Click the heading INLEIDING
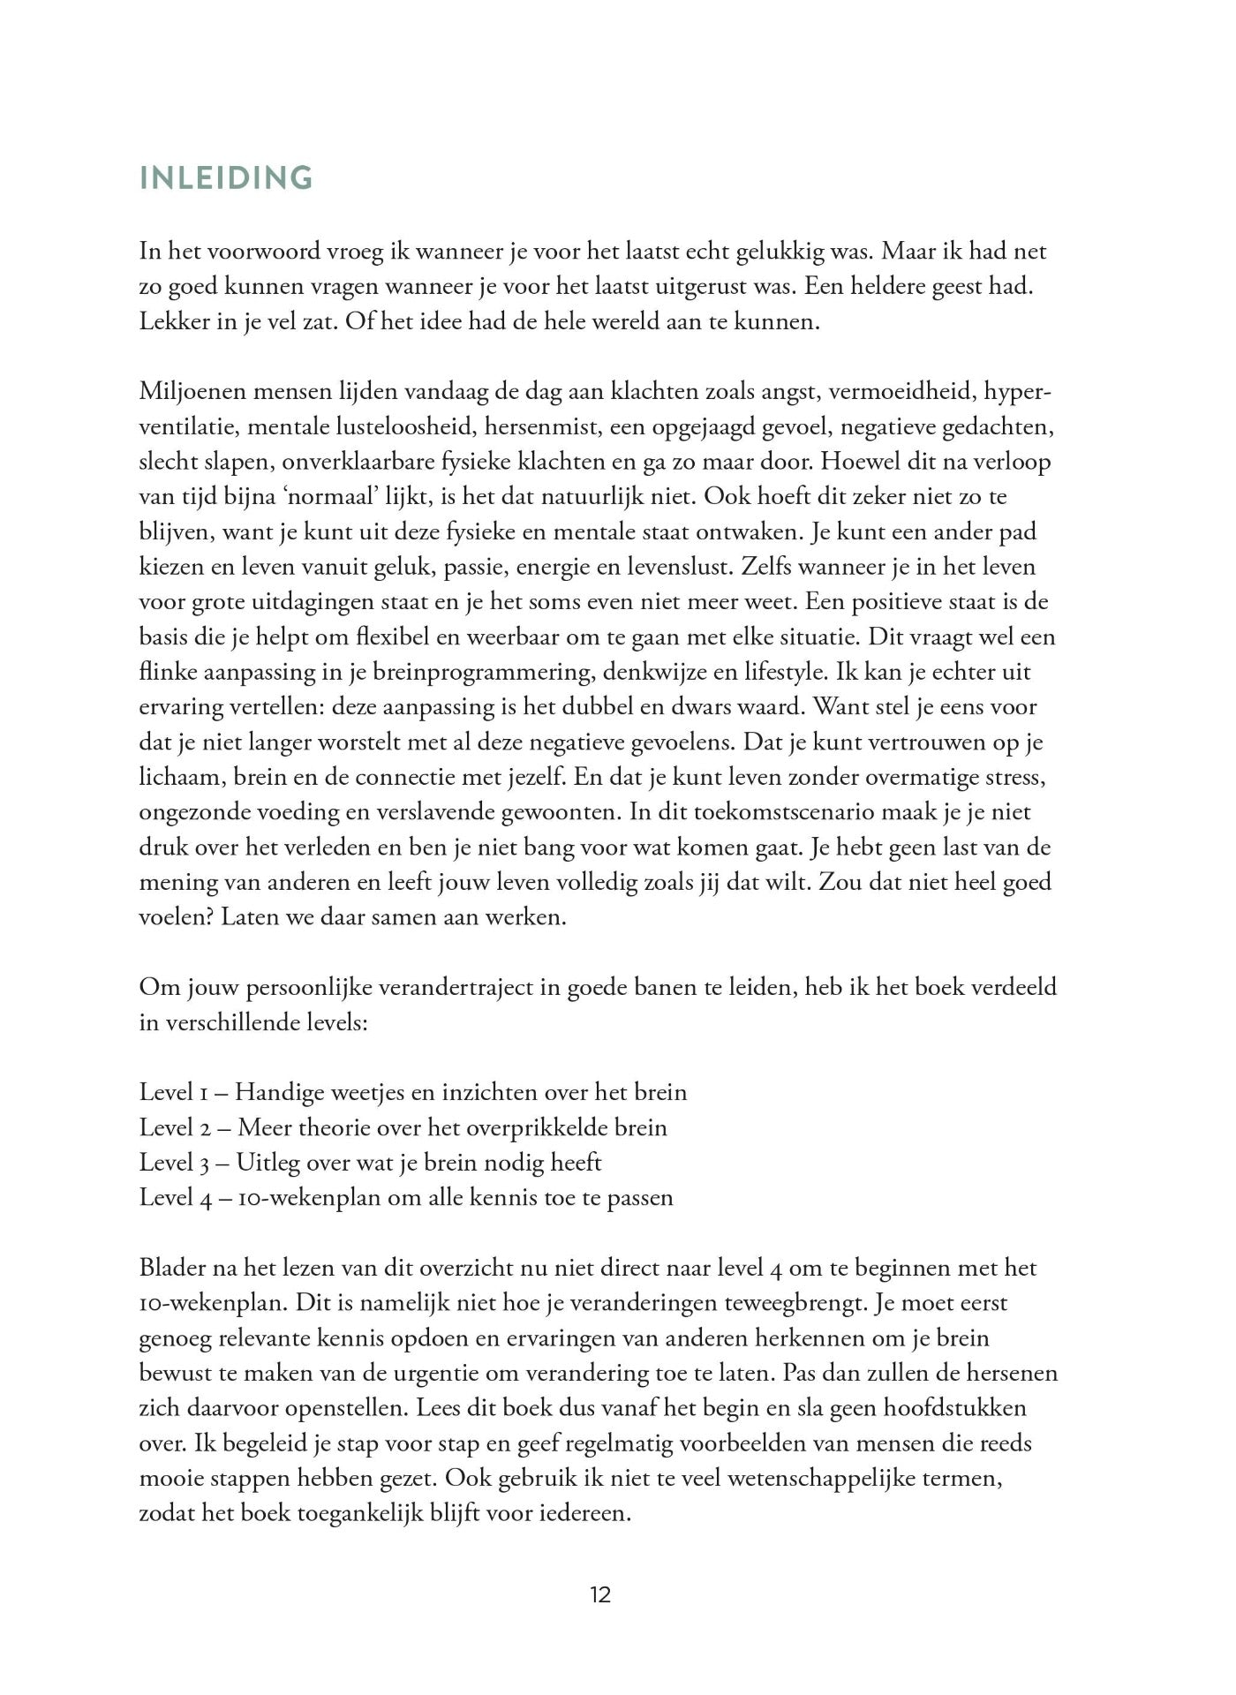point(226,178)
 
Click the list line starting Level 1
point(413,1092)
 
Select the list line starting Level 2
point(403,1127)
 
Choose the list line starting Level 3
point(371,1163)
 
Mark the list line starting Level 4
point(406,1198)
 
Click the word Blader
point(172,1268)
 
